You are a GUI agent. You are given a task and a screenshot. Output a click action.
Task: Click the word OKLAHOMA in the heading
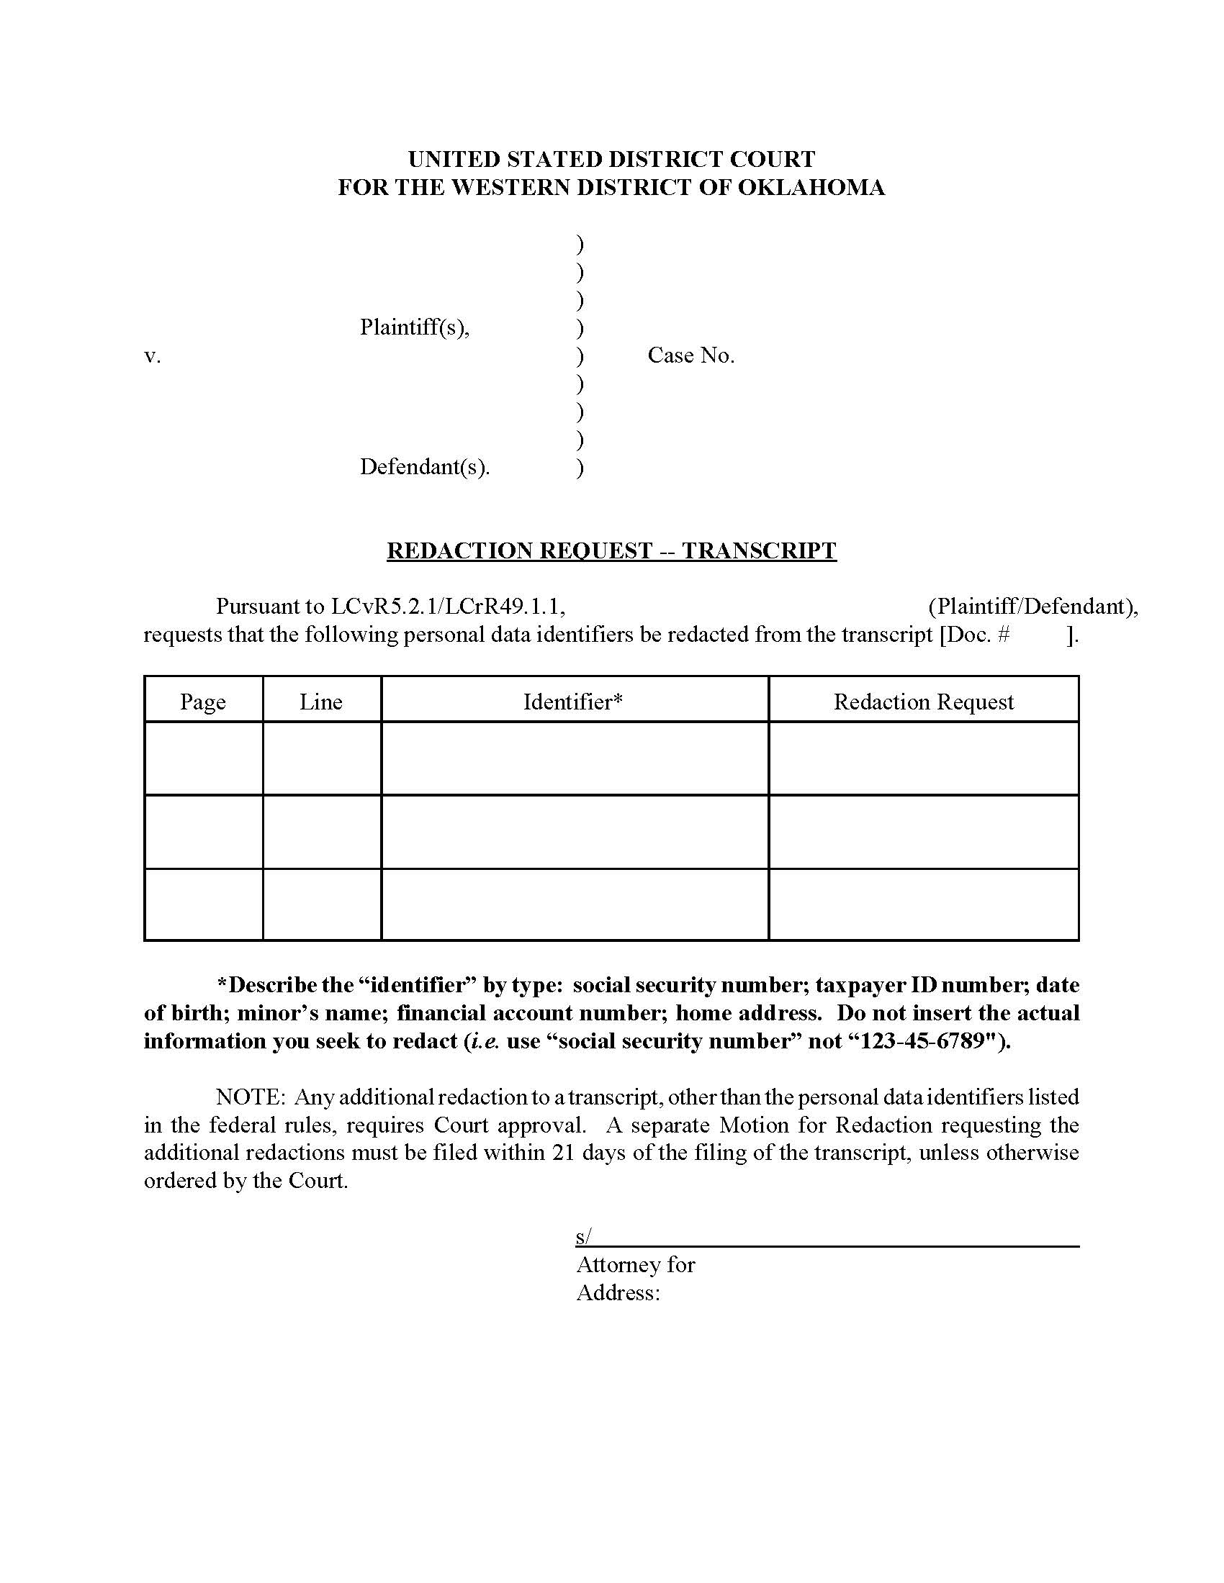811,188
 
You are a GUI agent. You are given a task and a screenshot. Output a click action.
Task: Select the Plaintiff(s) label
414,327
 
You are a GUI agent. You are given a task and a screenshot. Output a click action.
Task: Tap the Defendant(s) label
424,467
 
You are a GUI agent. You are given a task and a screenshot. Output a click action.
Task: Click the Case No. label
690,355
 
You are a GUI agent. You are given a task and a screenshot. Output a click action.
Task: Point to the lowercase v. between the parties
152,356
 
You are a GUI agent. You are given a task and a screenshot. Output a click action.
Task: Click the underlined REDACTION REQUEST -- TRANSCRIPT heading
611,550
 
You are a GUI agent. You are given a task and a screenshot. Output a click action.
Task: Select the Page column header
203,702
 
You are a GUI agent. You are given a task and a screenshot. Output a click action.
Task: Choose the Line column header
320,702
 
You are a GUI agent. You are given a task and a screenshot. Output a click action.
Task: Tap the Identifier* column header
574,702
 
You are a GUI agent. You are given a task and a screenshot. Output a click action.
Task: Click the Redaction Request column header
923,702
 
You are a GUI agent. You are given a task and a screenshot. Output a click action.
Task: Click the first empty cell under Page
203,758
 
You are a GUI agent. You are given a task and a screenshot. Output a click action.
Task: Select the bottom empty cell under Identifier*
575,904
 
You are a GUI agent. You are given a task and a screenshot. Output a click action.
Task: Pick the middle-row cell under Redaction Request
923,831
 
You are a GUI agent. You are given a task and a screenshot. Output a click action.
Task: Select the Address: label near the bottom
618,1293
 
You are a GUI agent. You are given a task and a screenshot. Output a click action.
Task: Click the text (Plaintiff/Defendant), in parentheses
1032,607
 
